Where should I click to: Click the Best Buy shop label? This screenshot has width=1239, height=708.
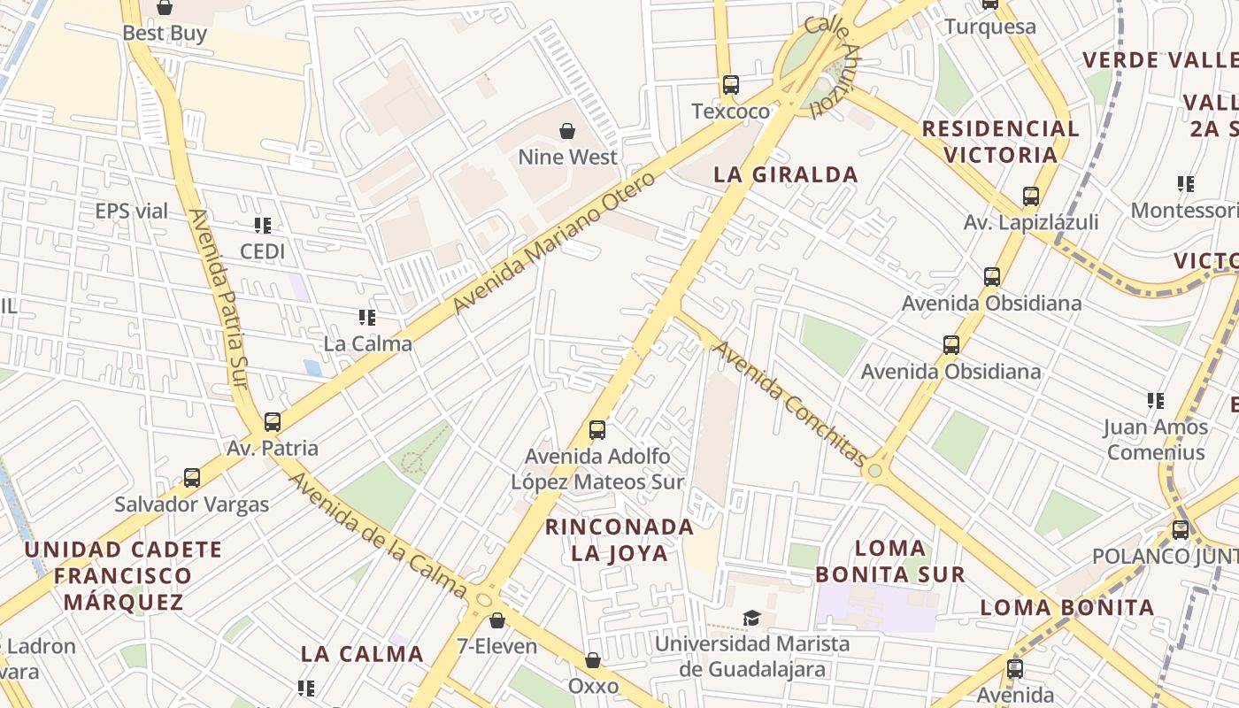click(165, 34)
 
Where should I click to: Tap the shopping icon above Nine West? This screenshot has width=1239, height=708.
click(567, 132)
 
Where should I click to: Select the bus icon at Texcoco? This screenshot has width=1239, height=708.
click(730, 85)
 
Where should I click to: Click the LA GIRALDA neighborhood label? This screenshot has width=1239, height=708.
click(786, 174)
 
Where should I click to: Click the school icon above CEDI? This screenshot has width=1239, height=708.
click(263, 226)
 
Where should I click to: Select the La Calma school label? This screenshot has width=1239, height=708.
click(367, 343)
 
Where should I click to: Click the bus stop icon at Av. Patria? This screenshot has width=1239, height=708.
click(273, 422)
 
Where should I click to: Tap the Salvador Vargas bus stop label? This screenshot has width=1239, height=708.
click(192, 505)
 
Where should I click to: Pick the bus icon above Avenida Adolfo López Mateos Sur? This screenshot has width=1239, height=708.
click(597, 430)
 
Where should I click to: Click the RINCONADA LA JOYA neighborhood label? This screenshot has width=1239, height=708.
click(619, 540)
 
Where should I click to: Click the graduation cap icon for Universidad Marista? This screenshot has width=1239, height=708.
click(751, 618)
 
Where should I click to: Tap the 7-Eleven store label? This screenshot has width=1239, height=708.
click(496, 646)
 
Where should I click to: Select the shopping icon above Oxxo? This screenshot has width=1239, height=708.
click(593, 660)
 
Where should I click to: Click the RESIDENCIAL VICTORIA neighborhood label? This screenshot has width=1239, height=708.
click(1000, 142)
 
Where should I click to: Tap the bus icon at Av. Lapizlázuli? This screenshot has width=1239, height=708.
click(1030, 196)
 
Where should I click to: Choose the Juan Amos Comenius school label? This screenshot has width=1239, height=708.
click(1155, 440)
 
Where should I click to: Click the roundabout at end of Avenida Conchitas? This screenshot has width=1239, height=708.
click(875, 471)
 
